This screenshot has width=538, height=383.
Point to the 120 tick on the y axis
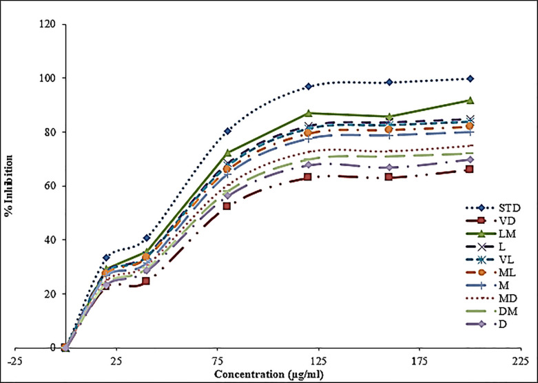(x=50, y=25)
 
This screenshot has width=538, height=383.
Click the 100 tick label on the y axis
(x=50, y=79)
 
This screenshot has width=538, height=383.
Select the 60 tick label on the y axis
(x=53, y=186)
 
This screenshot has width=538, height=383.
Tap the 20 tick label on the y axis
(x=53, y=294)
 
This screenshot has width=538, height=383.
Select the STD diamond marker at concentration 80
(x=227, y=131)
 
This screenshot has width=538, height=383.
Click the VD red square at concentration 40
(x=146, y=281)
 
